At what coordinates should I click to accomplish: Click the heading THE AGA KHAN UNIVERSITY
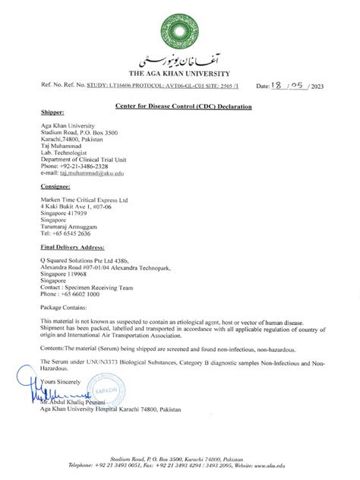click(180, 73)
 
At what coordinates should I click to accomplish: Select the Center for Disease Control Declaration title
click(184, 107)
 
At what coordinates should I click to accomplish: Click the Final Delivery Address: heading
click(73, 248)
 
